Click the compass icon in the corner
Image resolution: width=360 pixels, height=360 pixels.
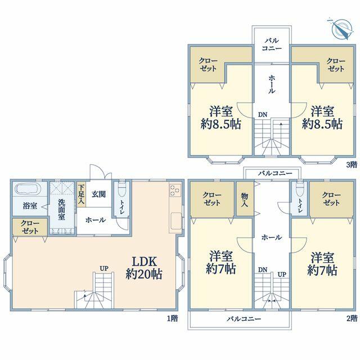tap(341, 29)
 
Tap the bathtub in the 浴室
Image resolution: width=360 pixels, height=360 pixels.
tap(28, 189)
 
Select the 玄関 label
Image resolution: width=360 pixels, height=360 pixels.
tap(99, 194)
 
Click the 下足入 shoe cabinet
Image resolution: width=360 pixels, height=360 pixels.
tap(81, 195)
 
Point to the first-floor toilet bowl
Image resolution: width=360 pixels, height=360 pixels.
tap(122, 190)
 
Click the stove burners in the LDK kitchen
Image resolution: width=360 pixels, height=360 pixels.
tap(175, 190)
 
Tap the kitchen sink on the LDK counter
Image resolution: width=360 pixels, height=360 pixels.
tap(176, 221)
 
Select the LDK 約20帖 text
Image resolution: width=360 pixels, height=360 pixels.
tap(144, 268)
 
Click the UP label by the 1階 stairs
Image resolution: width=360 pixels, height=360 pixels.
tap(104, 268)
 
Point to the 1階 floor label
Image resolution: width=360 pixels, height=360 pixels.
tap(172, 318)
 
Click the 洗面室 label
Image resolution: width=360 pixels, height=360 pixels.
tap(61, 209)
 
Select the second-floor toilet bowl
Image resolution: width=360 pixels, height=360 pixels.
tap(299, 190)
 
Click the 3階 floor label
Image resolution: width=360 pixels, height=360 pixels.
tap(352, 164)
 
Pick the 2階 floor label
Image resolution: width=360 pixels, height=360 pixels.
tap(352, 318)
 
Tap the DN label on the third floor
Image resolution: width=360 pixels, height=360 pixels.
tap(263, 115)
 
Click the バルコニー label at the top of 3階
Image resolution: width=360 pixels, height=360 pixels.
tap(272, 44)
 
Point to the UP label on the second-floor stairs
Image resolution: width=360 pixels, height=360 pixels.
tap(282, 274)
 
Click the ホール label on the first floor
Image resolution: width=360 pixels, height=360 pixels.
tap(96, 220)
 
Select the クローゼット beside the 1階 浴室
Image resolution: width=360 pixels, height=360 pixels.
tap(30, 227)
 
